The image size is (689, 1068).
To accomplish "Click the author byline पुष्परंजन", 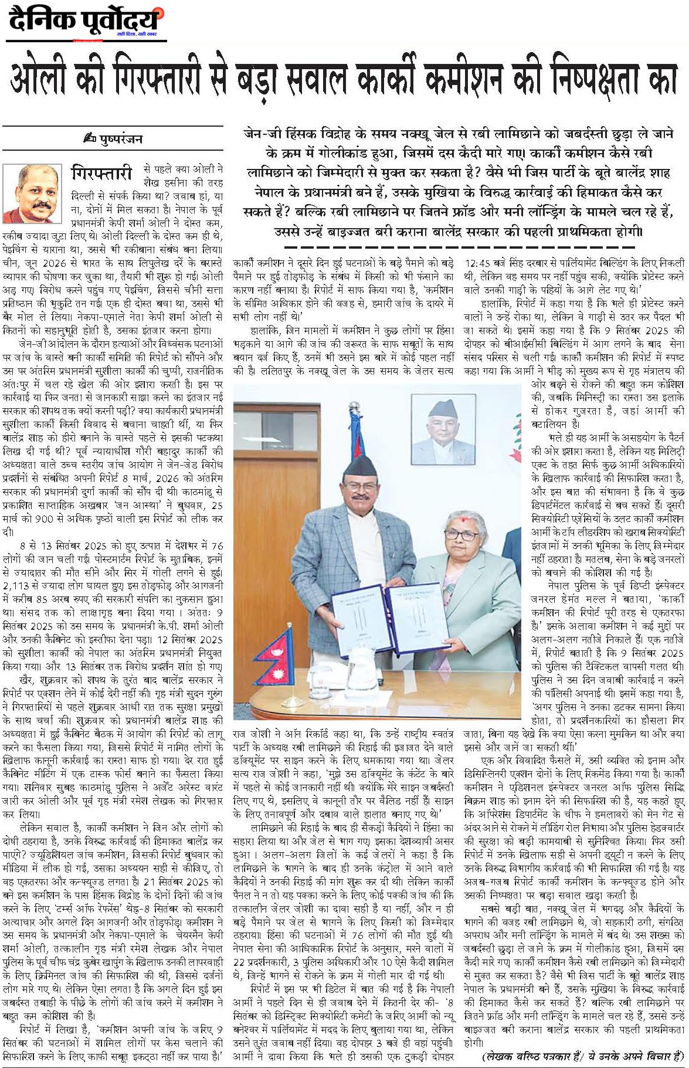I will tap(120, 140).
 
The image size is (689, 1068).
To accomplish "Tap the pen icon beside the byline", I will tap(89, 140).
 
